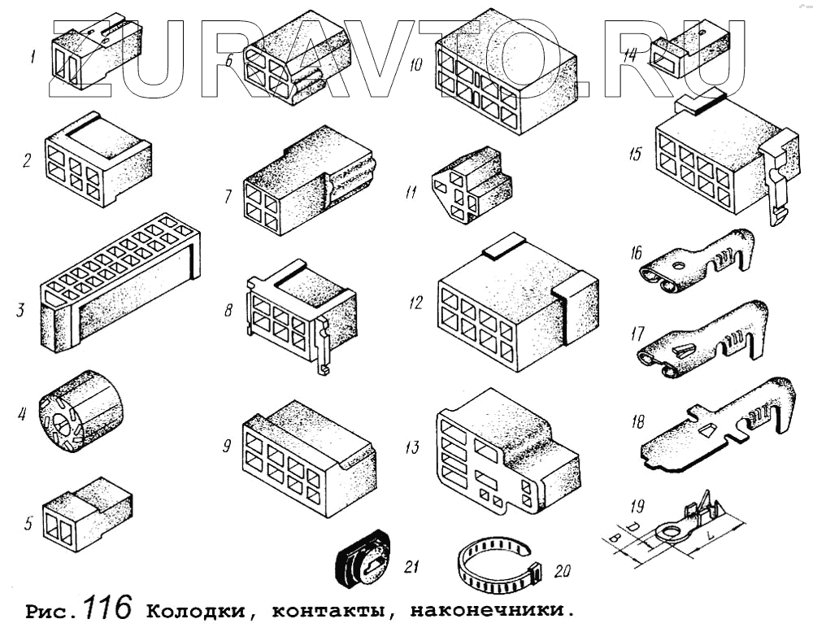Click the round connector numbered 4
tap(80, 411)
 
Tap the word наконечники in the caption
tap(485, 610)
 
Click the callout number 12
tap(415, 303)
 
